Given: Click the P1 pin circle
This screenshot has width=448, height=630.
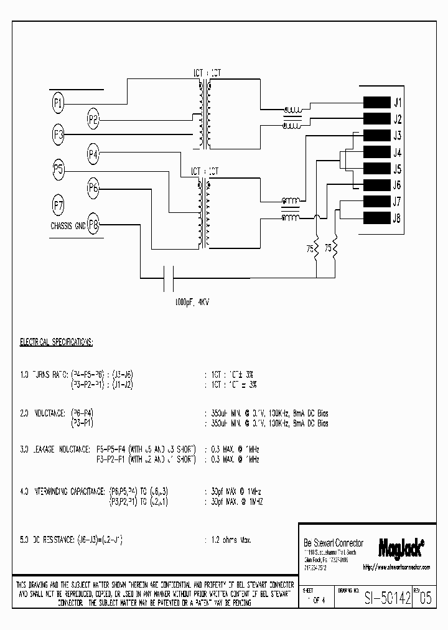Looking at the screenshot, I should pyautogui.click(x=58, y=103).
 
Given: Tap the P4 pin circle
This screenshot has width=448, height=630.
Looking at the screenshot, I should pyautogui.click(x=93, y=153).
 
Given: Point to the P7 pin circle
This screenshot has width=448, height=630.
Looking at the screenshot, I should pyautogui.click(x=58, y=204).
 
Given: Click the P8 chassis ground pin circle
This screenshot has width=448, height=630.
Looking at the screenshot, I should pyautogui.click(x=93, y=224).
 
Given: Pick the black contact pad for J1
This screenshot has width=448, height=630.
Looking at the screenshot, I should pyautogui.click(x=375, y=103).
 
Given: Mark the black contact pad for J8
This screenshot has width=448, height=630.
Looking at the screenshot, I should pyautogui.click(x=375, y=218).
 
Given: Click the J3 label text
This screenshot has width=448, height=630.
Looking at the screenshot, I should pyautogui.click(x=397, y=136).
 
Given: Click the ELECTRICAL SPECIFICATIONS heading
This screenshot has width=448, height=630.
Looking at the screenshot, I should pyautogui.click(x=57, y=342).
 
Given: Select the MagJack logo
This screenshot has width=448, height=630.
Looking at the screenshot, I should pyautogui.click(x=401, y=547).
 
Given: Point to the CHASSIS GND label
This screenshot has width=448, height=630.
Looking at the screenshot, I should pyautogui.click(x=67, y=226).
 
